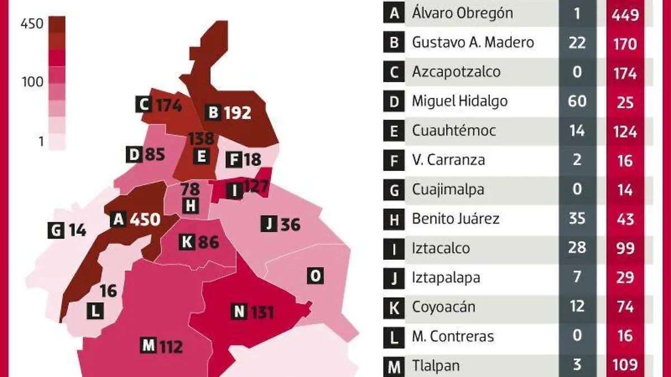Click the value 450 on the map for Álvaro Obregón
(145, 219)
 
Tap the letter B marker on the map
(213, 113)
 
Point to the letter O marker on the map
(315, 275)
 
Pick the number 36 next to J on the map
(290, 225)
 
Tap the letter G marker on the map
(56, 230)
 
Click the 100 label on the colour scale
(32, 82)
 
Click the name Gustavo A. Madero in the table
(472, 42)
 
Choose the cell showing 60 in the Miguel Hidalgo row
(577, 101)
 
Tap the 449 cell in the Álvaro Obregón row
(625, 14)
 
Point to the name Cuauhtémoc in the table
(453, 131)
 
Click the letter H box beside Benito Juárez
(394, 219)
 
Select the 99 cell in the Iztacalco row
(625, 248)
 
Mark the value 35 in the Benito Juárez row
(577, 218)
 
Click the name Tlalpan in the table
(436, 366)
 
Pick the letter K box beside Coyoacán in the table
(394, 307)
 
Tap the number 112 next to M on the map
(171, 347)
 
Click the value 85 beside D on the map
(155, 155)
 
